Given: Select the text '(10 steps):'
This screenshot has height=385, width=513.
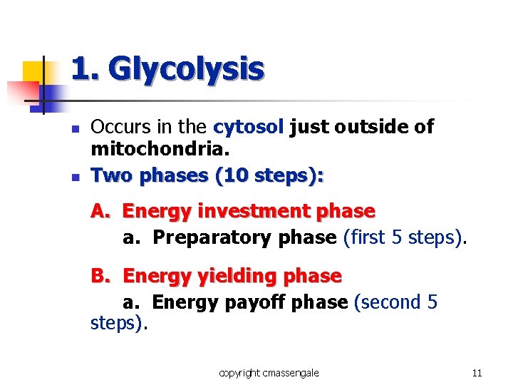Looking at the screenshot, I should (x=273, y=175).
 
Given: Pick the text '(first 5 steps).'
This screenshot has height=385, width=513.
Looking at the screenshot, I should (x=405, y=237).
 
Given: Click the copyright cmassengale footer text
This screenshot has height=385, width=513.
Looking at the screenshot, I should (x=269, y=373).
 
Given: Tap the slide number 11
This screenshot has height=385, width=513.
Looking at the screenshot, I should (x=477, y=373).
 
